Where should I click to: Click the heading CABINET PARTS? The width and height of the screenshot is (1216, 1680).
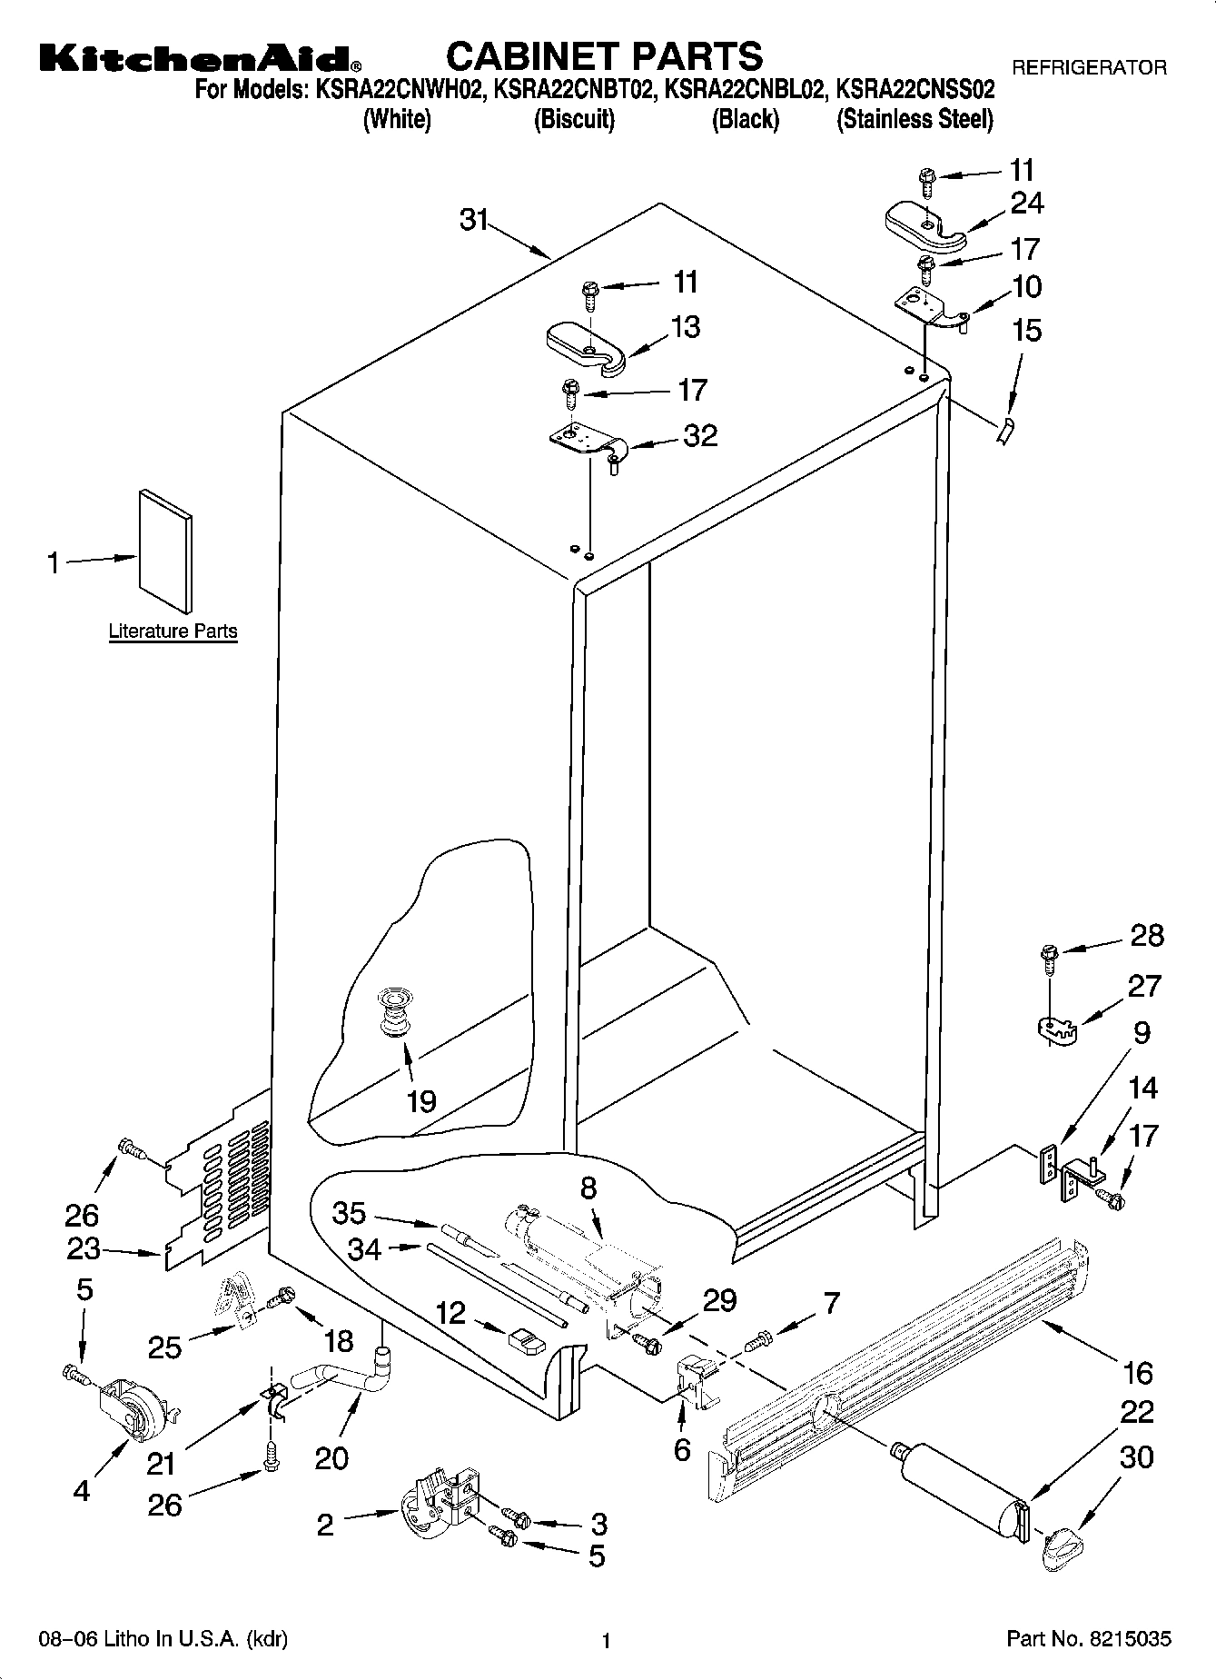pyautogui.click(x=604, y=56)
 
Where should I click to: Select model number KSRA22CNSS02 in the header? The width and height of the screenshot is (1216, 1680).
pyautogui.click(x=914, y=91)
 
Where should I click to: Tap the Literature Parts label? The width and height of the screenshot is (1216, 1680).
pyautogui.click(x=173, y=631)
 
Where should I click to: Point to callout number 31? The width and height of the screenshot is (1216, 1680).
pyautogui.click(x=474, y=220)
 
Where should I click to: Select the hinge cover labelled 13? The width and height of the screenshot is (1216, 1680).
pyautogui.click(x=586, y=347)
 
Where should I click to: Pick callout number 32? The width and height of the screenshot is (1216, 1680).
pyautogui.click(x=700, y=436)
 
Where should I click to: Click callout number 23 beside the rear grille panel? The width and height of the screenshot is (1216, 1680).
pyautogui.click(x=84, y=1248)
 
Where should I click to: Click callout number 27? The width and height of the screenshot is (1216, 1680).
pyautogui.click(x=1145, y=986)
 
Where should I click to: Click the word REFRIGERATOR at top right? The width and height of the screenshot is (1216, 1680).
pyautogui.click(x=1089, y=67)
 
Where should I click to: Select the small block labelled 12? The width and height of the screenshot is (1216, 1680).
pyautogui.click(x=525, y=1337)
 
